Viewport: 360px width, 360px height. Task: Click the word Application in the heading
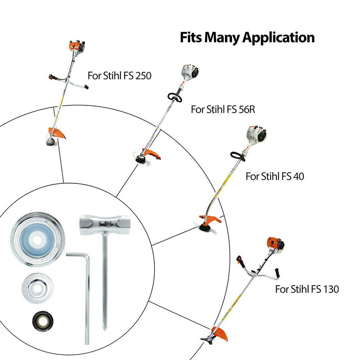278,37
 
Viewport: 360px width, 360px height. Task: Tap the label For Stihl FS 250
120,76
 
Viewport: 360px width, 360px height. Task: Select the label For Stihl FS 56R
223,109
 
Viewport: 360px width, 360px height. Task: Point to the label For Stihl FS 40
275,176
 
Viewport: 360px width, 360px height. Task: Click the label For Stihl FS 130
307,289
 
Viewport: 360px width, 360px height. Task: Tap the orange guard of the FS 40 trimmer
211,219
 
